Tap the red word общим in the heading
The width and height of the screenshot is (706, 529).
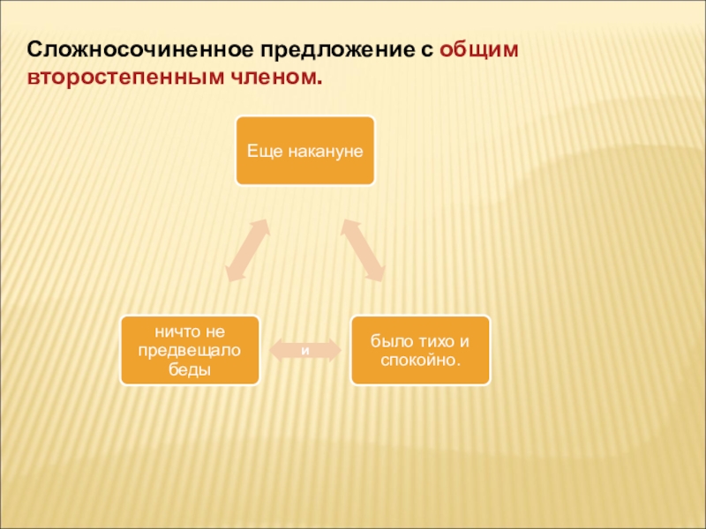[480, 49]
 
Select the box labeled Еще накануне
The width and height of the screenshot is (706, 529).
[304, 150]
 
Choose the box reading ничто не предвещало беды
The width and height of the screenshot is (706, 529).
[191, 350]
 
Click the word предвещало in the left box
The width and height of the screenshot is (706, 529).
[191, 350]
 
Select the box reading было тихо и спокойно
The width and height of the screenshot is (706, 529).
[420, 350]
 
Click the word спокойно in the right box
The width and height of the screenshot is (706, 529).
[420, 360]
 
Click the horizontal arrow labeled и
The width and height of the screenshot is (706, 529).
[305, 350]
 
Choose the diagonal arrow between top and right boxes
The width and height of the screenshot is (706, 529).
[363, 250]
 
